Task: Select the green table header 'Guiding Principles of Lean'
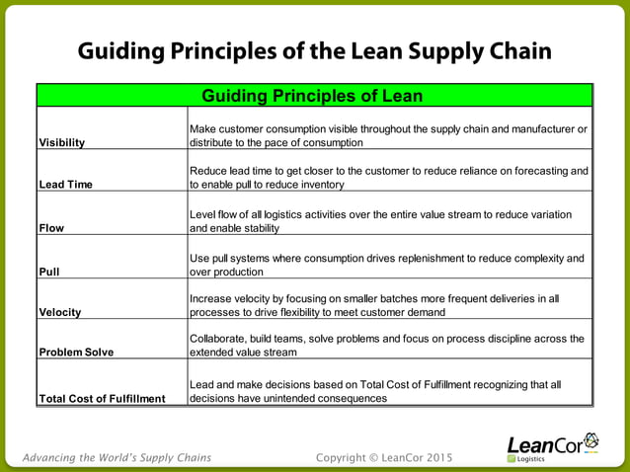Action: (312, 96)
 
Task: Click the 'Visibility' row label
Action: (61, 142)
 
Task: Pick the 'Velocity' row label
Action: (59, 312)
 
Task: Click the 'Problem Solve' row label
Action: (75, 352)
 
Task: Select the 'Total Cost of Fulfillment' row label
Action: (102, 399)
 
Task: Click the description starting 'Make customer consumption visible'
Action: (388, 135)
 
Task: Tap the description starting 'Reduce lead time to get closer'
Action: (388, 178)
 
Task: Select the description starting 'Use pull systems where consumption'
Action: (388, 265)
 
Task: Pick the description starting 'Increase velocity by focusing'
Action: (374, 305)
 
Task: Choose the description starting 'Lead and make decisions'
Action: (375, 392)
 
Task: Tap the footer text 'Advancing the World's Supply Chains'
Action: (116, 457)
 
